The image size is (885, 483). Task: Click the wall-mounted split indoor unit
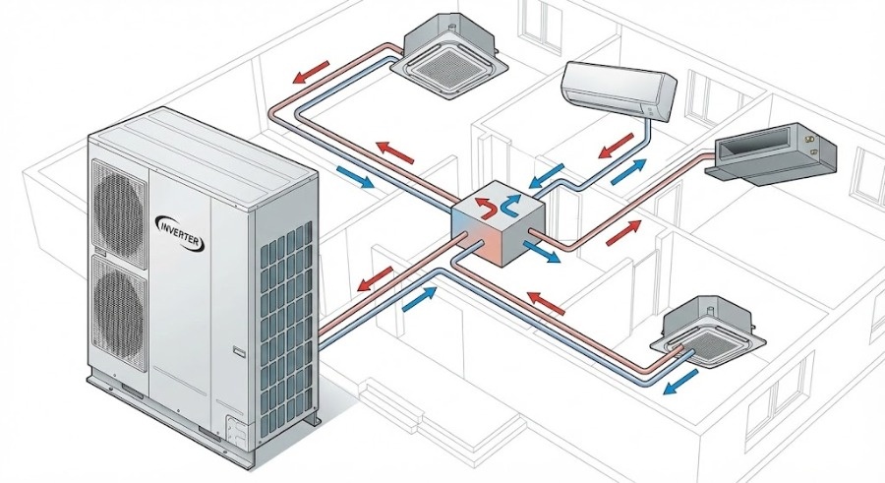619,90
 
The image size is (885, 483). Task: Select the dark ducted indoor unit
772,152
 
